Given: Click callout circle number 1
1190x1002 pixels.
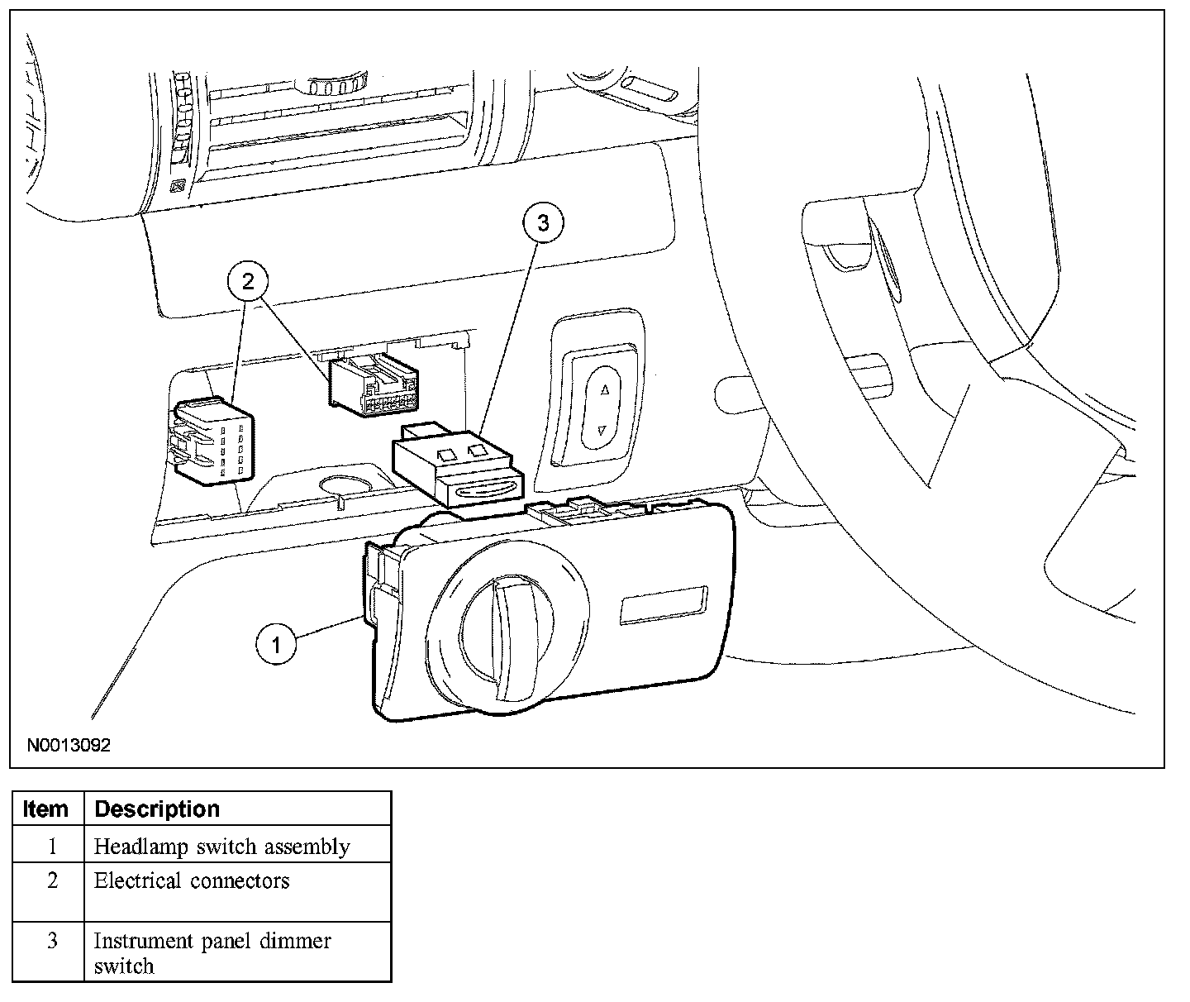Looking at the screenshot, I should tap(277, 643).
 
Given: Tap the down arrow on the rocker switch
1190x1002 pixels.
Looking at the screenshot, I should tap(602, 430).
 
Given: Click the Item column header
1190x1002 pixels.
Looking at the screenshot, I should tap(46, 809).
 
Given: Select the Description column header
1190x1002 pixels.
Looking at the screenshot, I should tap(157, 809).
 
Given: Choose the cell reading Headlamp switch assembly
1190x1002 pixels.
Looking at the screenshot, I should tap(221, 847).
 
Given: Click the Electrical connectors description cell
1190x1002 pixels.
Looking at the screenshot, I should tap(192, 881).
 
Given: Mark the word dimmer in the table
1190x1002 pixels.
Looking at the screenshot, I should tap(295, 941).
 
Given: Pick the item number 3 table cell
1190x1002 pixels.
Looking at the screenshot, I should tap(52, 941).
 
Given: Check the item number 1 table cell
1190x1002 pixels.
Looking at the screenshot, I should tap(52, 847).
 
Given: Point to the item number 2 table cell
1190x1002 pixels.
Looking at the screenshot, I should tap(52, 881).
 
